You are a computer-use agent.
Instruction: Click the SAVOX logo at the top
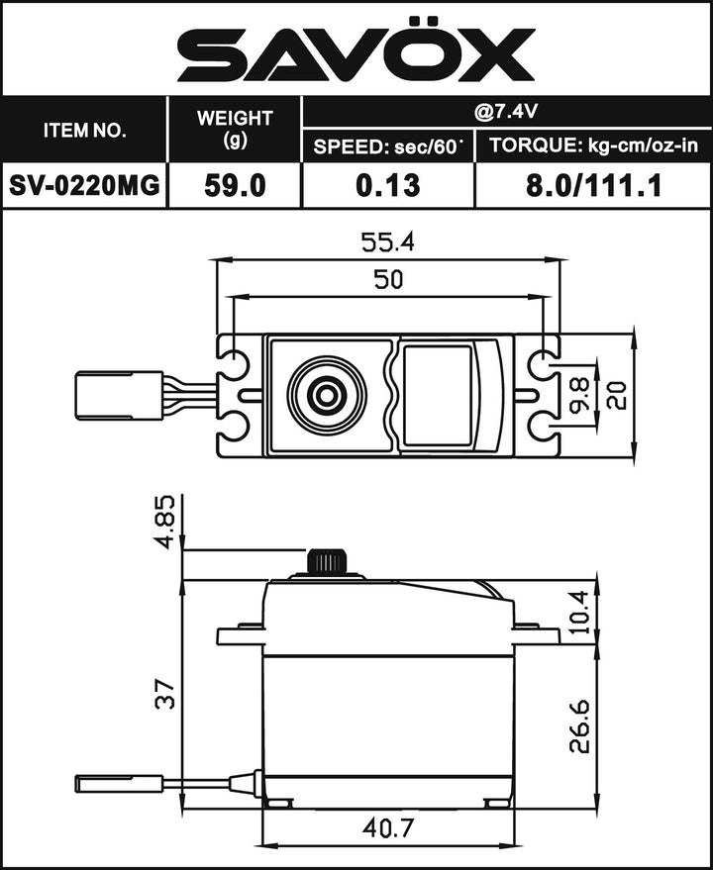click(x=356, y=55)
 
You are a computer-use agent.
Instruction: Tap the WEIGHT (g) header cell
click(x=235, y=129)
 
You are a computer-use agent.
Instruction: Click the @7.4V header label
click(x=505, y=112)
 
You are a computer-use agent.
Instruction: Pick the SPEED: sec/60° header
click(x=387, y=147)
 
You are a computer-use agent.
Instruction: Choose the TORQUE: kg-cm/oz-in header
click(x=592, y=147)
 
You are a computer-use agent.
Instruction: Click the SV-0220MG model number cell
click(x=85, y=185)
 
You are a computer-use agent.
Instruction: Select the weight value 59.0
click(x=235, y=185)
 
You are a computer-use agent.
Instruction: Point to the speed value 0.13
click(x=387, y=185)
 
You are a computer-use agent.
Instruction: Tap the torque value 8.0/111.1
click(x=592, y=185)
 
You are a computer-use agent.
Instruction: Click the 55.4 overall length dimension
click(x=388, y=242)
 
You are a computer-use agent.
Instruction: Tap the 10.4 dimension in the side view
click(x=579, y=611)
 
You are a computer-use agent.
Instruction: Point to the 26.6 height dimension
click(x=579, y=726)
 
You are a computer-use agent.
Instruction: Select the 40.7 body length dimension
click(x=388, y=826)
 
